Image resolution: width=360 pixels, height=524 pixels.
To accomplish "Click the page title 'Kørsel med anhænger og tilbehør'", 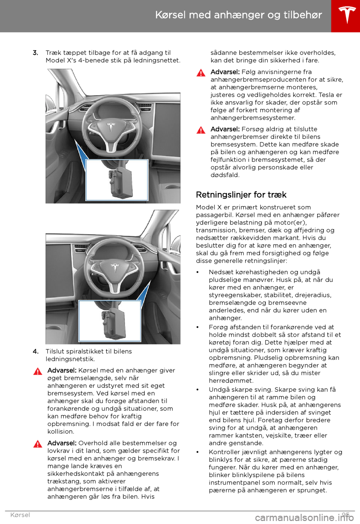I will click(x=238, y=15).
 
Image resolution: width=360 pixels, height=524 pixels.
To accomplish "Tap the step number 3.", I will click(x=35, y=53).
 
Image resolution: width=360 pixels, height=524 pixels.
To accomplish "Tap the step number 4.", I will click(x=35, y=352).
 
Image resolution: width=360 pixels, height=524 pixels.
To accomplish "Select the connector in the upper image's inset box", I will click(x=120, y=182).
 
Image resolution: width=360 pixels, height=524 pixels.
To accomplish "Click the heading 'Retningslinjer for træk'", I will click(x=241, y=195).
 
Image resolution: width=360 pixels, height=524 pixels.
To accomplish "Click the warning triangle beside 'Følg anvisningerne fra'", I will click(x=201, y=73).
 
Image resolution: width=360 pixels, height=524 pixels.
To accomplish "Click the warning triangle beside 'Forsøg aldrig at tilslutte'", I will click(x=201, y=130).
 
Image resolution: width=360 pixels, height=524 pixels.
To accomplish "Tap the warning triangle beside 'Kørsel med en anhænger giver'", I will click(x=37, y=372).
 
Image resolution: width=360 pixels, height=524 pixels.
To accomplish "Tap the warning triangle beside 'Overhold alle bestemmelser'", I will click(x=37, y=444).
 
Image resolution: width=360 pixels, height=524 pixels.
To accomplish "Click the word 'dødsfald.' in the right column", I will click(x=225, y=175).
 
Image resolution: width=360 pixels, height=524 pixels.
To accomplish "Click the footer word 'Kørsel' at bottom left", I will click(x=20, y=515).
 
